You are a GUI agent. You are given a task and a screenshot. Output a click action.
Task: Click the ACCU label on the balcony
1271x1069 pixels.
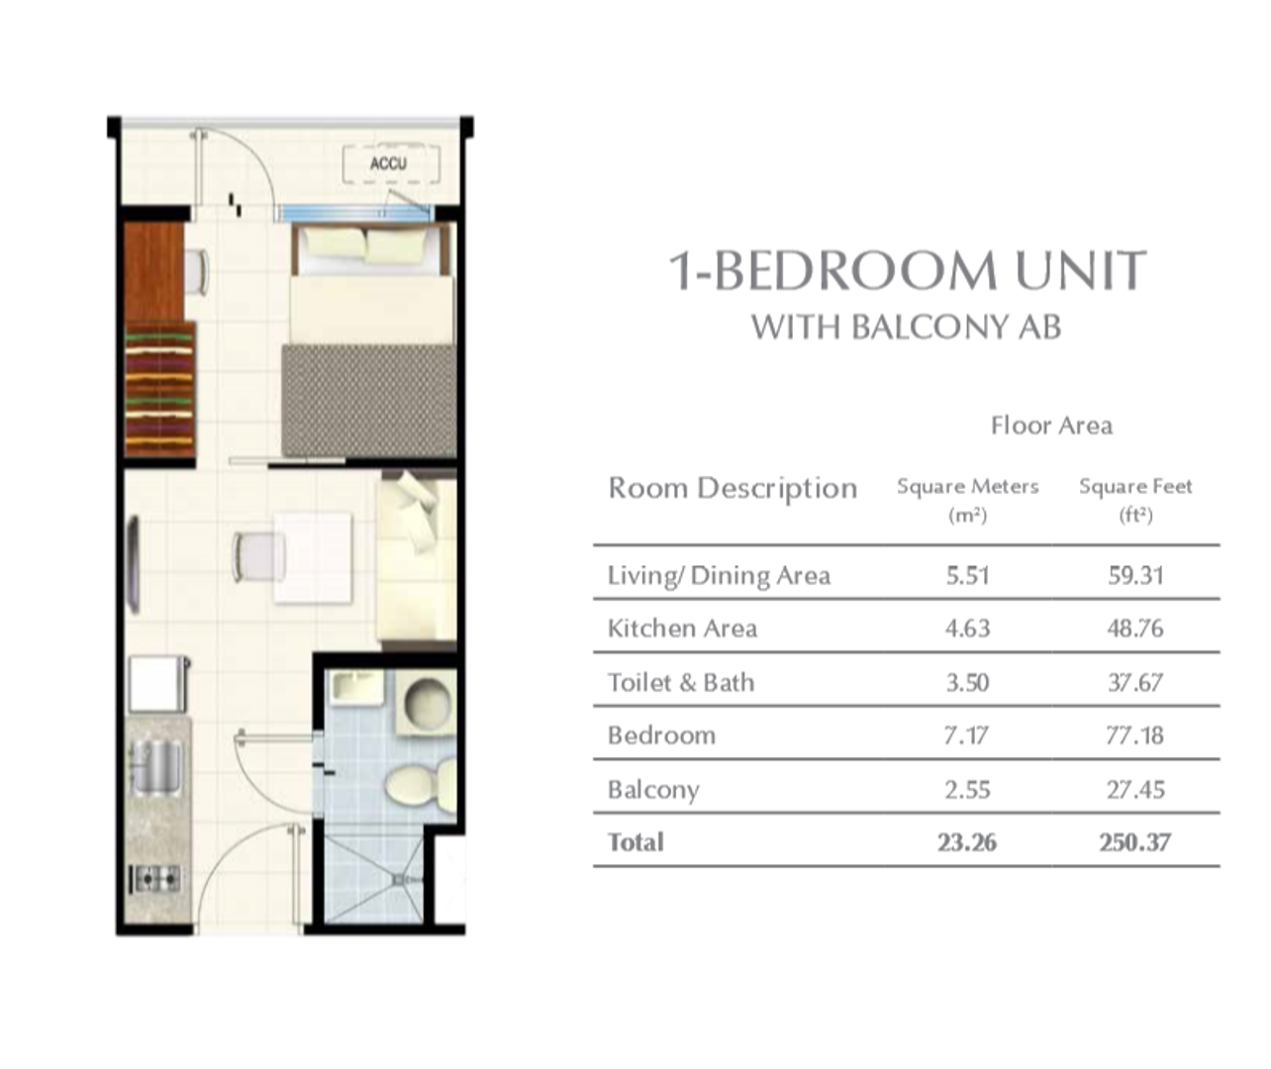[x=388, y=163]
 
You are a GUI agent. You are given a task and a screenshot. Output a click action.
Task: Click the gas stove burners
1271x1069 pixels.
[x=156, y=879]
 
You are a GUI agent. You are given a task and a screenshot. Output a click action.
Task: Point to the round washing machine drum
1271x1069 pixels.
[x=428, y=701]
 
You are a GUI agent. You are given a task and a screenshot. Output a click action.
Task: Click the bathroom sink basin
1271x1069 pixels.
[x=356, y=689]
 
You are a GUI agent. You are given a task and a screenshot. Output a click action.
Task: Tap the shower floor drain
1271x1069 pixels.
[x=399, y=880]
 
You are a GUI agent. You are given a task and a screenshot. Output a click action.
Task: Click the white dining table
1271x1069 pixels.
[x=313, y=557]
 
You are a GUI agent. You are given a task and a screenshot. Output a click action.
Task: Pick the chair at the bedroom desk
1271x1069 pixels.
[x=197, y=271]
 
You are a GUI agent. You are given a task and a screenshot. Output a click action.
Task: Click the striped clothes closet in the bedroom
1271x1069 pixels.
[x=159, y=390]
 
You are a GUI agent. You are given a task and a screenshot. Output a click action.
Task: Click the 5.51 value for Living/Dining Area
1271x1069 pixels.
[x=967, y=575]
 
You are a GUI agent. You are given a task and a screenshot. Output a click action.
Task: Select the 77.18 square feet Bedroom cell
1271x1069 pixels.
[x=1134, y=735]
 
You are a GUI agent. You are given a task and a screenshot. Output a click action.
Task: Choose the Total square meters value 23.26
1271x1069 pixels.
[x=967, y=842]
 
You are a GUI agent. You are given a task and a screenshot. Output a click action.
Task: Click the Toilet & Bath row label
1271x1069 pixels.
[x=681, y=682]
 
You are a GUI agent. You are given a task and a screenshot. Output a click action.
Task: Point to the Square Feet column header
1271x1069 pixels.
[x=1135, y=499]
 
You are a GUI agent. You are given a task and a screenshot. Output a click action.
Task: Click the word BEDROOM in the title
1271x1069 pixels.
[x=854, y=269]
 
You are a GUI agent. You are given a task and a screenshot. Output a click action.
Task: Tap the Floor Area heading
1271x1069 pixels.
[x=1051, y=426]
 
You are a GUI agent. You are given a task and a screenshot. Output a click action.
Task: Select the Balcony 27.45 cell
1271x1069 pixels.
[x=1135, y=790]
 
